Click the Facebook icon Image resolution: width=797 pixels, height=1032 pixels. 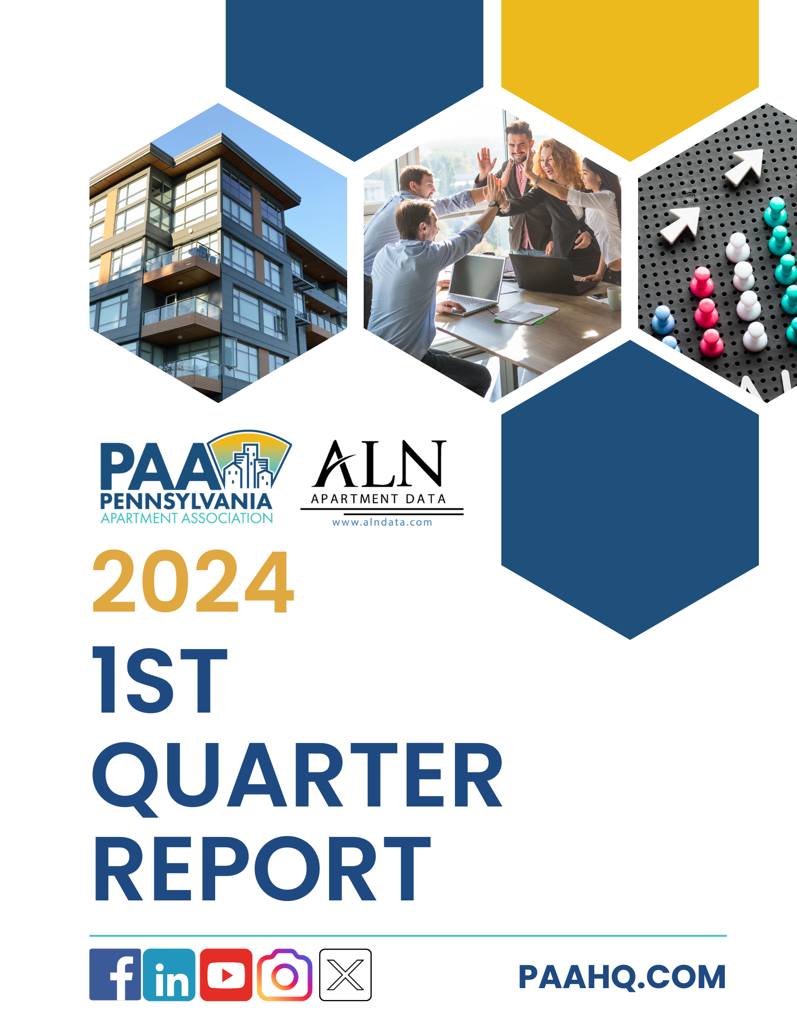[x=115, y=974]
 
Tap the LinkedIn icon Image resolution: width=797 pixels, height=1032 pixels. [x=169, y=974]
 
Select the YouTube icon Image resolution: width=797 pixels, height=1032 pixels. [x=226, y=974]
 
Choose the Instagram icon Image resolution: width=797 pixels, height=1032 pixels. [x=285, y=975]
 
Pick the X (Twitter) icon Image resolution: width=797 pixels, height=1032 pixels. [x=345, y=975]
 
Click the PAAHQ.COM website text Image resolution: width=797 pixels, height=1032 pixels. [x=622, y=977]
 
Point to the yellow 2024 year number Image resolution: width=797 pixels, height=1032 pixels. [x=193, y=582]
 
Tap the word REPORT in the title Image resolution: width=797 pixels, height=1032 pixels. [x=262, y=869]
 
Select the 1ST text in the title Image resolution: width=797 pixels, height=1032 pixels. [x=160, y=680]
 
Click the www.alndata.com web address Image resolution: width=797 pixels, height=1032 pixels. [x=382, y=522]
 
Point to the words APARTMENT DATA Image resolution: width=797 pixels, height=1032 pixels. [x=378, y=498]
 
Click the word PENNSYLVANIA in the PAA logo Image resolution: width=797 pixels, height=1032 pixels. [x=186, y=501]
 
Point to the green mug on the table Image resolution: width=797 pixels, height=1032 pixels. [x=614, y=298]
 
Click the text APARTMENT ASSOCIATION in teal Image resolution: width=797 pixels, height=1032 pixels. [x=187, y=518]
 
